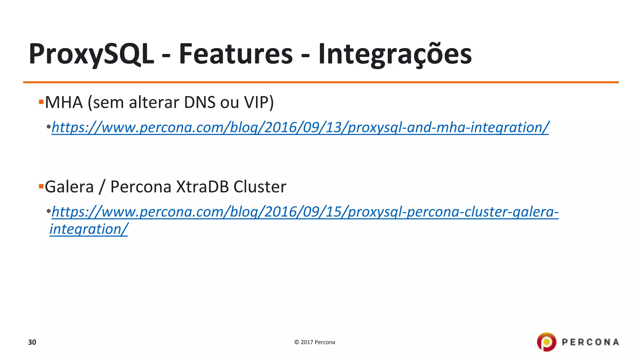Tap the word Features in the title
[236, 54]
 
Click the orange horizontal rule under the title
[321, 82]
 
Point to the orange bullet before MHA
[41, 102]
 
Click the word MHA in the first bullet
[64, 102]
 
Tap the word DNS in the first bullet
[200, 102]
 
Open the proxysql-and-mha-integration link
[300, 127]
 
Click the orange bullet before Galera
[41, 187]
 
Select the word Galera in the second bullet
[69, 187]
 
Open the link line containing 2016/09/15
[305, 212]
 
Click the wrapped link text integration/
[89, 229]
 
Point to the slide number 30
[32, 342]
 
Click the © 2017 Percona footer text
[314, 342]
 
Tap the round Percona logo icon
[547, 342]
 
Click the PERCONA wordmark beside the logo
[590, 342]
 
